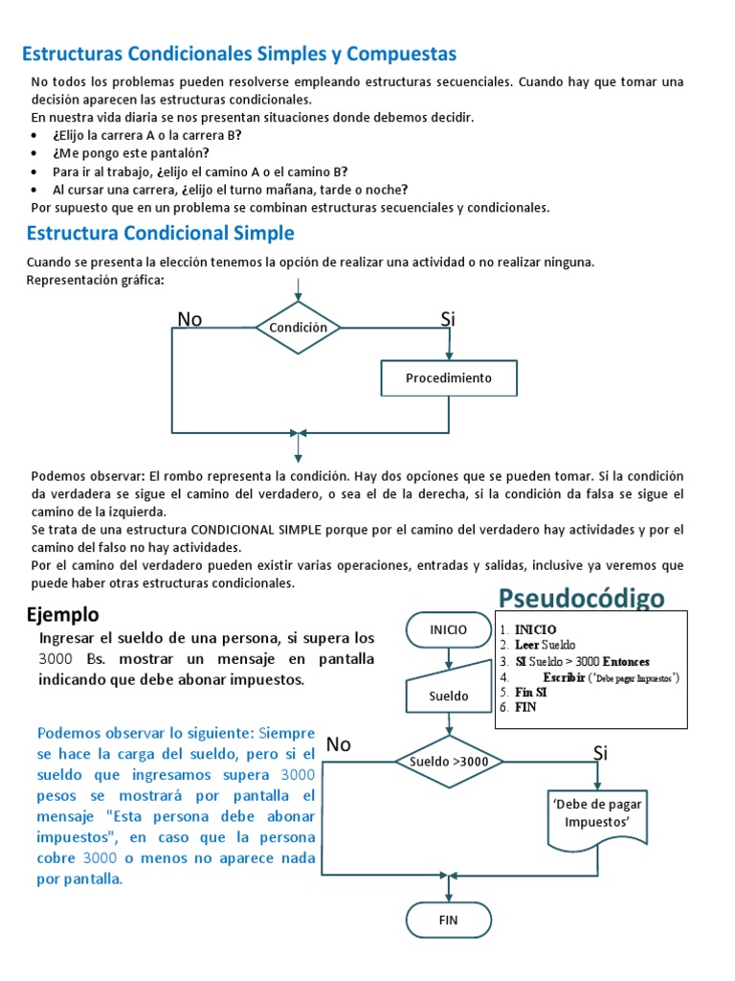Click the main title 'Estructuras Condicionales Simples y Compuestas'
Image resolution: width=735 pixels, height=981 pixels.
tap(238, 53)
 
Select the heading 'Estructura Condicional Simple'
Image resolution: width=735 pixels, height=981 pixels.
tap(160, 233)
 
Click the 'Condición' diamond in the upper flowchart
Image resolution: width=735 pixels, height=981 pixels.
tap(298, 328)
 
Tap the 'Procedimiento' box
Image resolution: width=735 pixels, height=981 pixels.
tap(449, 377)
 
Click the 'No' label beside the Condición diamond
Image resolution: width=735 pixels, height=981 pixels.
tap(189, 320)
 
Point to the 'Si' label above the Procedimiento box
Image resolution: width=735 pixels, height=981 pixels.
tap(447, 319)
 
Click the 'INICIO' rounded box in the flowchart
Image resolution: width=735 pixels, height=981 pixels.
tap(448, 629)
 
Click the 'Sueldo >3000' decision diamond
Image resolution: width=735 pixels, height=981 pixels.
tap(448, 762)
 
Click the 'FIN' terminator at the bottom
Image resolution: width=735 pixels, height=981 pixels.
tap(448, 920)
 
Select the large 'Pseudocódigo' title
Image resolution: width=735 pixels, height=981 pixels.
tap(581, 599)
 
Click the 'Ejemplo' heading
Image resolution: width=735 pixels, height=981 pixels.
tap(62, 614)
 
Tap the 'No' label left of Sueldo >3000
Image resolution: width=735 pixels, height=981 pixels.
tap(339, 744)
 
